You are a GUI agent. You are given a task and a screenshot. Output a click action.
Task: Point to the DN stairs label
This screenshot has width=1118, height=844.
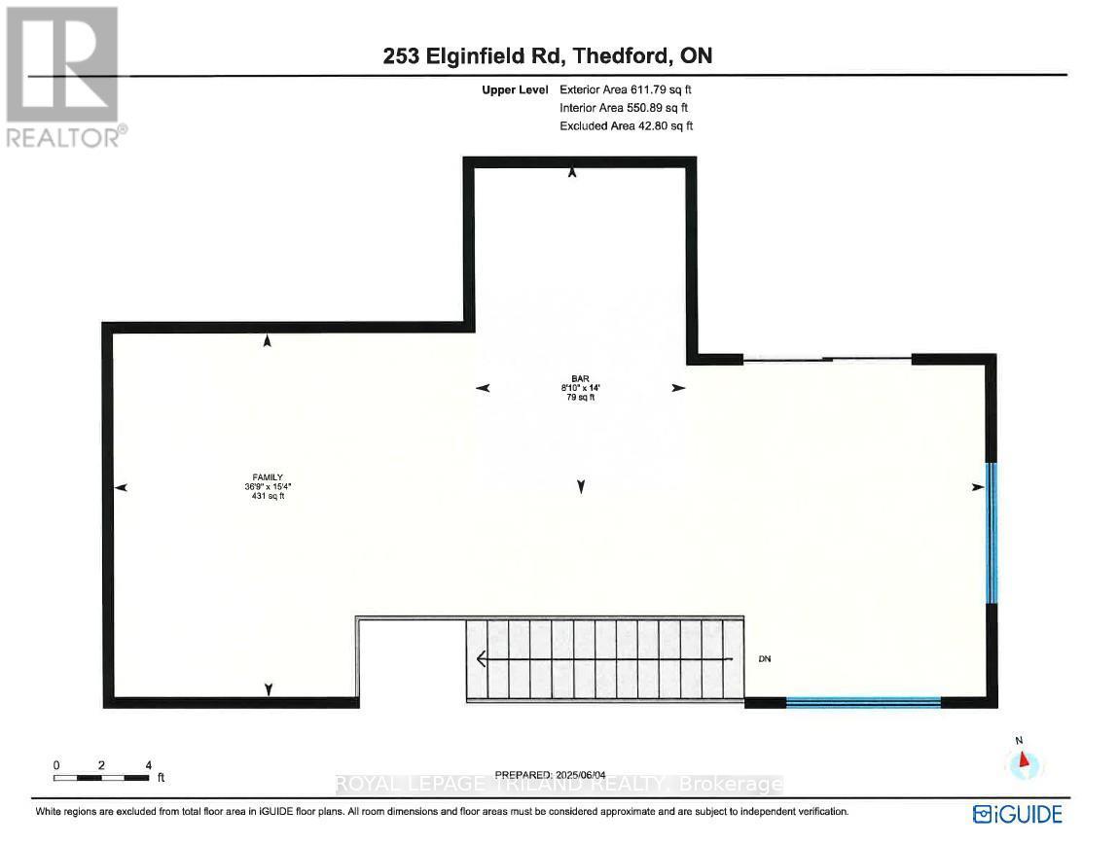click(765, 659)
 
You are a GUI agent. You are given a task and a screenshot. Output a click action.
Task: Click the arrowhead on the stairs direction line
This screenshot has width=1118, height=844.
click(482, 659)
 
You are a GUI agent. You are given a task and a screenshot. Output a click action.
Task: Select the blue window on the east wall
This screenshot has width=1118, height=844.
click(991, 533)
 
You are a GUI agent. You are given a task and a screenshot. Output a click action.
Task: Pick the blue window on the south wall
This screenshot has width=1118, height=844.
click(863, 700)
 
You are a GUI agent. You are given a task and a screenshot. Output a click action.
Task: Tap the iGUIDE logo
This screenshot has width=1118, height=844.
click(1017, 812)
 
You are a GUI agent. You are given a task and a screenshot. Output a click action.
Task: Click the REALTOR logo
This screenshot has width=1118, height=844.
click(64, 77)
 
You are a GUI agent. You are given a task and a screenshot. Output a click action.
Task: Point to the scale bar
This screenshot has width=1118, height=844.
click(101, 777)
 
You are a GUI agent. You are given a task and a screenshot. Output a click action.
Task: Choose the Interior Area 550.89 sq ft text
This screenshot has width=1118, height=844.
click(625, 108)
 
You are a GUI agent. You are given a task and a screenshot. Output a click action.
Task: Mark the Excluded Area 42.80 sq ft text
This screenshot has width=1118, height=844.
click(626, 126)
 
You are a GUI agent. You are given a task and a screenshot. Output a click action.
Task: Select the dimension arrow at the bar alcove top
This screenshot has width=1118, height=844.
click(572, 172)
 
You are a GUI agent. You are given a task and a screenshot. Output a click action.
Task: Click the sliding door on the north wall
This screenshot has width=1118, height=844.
click(827, 360)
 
